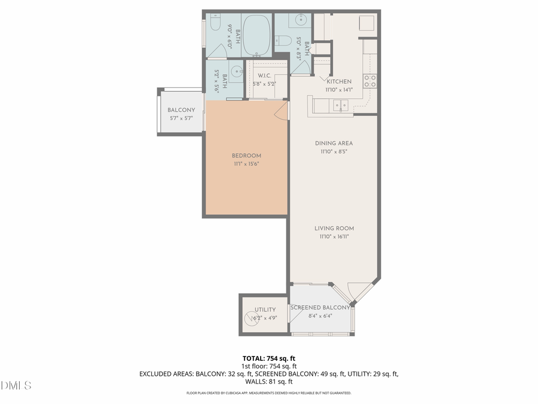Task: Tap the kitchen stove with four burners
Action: [x=370, y=81]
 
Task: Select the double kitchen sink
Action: [x=341, y=106]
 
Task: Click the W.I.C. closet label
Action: [x=265, y=75]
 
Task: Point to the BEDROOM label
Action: [x=246, y=156]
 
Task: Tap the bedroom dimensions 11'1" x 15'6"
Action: [x=246, y=164]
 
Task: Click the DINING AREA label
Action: [x=334, y=143]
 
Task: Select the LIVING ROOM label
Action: [x=334, y=228]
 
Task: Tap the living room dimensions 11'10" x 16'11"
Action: [x=334, y=236]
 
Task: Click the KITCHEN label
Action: [x=339, y=81]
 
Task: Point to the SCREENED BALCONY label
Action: [x=320, y=308]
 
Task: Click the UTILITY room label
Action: [x=265, y=309]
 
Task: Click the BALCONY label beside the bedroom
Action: [x=181, y=110]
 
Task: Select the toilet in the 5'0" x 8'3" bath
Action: [x=283, y=41]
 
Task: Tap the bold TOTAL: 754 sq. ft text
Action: [x=269, y=359]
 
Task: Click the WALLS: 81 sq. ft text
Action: [x=269, y=381]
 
